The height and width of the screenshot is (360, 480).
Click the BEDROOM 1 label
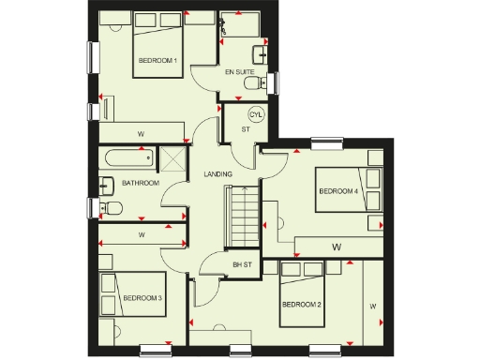(x=157, y=61)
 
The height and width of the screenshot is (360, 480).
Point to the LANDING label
(x=217, y=173)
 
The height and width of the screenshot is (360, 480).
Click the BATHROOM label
(x=140, y=183)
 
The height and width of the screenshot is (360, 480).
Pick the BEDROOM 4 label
(x=337, y=191)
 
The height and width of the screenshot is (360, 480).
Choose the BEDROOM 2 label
(x=302, y=304)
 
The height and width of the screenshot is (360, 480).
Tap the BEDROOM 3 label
(x=142, y=298)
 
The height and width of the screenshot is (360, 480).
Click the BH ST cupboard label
(x=243, y=265)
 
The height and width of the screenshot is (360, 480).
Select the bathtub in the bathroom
(x=127, y=157)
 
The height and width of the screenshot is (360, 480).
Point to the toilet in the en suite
(x=250, y=85)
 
